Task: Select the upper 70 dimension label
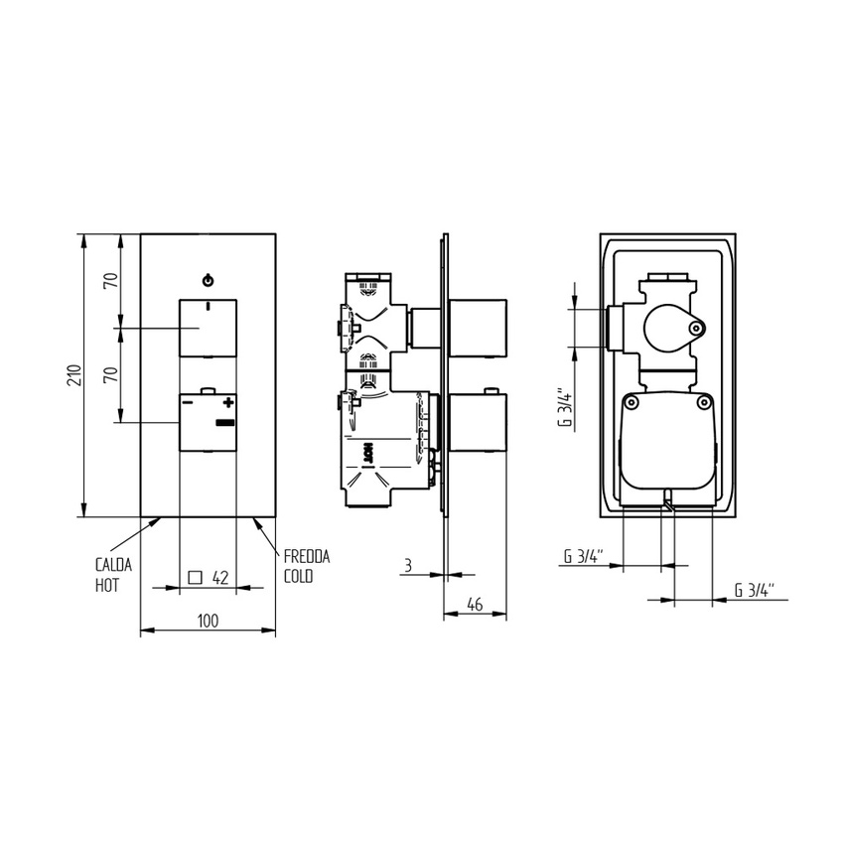(x=111, y=280)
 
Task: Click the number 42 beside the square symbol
(x=220, y=577)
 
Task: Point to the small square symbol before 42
(x=195, y=577)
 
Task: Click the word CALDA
(x=112, y=564)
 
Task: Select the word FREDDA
(x=306, y=557)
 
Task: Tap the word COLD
(x=298, y=577)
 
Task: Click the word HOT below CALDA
(x=106, y=586)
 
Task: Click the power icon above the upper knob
(x=208, y=279)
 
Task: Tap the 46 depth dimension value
(x=475, y=603)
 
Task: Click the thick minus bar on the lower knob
(x=225, y=424)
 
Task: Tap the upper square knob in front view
(x=208, y=328)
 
